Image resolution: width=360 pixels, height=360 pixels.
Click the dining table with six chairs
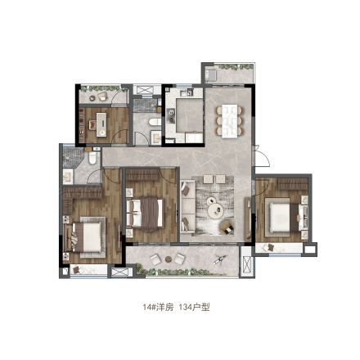click(229, 121)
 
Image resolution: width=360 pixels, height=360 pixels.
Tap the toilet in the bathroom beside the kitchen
click(155, 122)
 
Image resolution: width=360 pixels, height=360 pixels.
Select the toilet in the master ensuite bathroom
click(92, 158)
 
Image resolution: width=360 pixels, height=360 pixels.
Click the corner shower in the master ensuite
click(73, 158)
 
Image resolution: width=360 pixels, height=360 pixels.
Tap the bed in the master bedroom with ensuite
click(84, 236)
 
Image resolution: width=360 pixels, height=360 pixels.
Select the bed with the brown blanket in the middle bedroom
click(145, 213)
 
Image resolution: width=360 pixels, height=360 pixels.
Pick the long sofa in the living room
click(187, 206)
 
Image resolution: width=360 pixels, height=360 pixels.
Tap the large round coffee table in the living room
click(216, 211)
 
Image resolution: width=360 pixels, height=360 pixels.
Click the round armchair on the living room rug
click(227, 227)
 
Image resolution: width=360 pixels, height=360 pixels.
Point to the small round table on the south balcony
click(169, 259)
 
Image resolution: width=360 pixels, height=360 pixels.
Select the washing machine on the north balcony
click(211, 75)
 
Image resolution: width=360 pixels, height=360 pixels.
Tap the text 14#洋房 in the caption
click(158, 308)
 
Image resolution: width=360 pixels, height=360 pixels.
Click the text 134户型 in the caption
click(195, 308)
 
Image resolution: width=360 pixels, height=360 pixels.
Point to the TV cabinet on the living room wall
click(248, 218)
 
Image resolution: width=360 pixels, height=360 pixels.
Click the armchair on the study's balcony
click(102, 96)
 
